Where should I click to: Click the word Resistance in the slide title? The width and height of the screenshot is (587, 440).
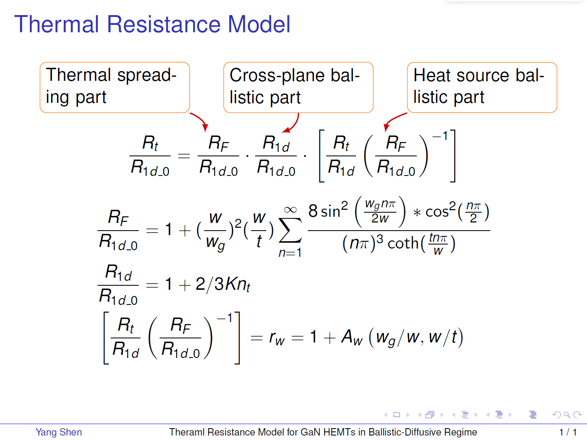pos(164,24)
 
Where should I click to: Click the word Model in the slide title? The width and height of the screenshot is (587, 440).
pos(259,24)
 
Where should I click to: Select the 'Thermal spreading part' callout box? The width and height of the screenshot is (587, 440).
pos(115,87)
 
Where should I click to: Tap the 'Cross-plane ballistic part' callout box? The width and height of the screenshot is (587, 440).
pos(298,87)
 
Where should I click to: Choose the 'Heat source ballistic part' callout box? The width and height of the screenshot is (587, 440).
pos(482,87)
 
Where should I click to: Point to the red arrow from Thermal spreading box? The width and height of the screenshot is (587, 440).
pos(200,120)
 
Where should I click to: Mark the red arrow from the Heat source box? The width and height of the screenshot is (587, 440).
pos(393,119)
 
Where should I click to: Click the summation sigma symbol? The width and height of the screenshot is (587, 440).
pos(290,231)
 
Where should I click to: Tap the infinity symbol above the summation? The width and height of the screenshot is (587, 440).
pos(290,209)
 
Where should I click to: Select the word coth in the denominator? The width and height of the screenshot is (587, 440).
pos(403,243)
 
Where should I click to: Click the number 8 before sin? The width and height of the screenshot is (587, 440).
pos(313,211)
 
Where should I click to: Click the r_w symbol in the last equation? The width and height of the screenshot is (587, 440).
pos(277,338)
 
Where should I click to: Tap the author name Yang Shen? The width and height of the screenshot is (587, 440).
pos(59,432)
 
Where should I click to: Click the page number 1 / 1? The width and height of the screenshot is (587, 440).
pos(568,432)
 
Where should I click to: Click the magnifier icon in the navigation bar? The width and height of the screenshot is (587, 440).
pos(567,415)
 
